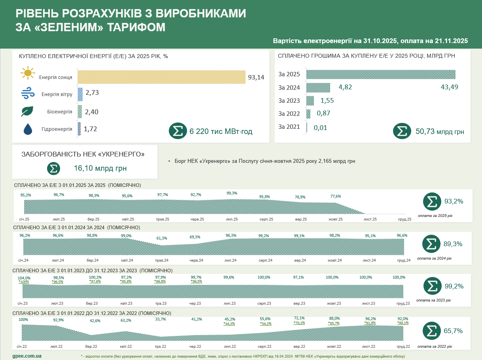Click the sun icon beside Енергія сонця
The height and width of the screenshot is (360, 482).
click(28, 74)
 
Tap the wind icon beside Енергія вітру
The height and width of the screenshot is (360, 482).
click(28, 94)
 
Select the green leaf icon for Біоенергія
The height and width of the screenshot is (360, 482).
click(27, 111)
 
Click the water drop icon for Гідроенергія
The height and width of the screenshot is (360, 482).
click(28, 129)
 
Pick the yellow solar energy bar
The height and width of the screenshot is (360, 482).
click(161, 77)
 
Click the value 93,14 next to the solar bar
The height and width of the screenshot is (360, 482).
click(256, 77)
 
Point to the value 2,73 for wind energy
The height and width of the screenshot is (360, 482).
click(92, 93)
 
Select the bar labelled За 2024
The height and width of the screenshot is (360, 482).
click(318, 87)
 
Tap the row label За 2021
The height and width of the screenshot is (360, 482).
click(289, 127)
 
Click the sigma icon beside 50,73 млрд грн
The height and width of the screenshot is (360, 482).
click(402, 131)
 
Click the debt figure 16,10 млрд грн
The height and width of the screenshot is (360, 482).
click(100, 168)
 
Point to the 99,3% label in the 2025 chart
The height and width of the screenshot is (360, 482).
click(232, 193)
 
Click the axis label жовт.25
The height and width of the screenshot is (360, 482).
click(335, 219)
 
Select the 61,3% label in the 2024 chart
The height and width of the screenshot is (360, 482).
click(162, 238)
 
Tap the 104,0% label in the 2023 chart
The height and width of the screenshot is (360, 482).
click(24, 277)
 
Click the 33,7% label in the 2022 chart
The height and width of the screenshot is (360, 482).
click(161, 319)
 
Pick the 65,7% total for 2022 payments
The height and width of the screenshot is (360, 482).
click(453, 331)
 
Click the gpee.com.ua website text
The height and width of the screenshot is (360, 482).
click(27, 356)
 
